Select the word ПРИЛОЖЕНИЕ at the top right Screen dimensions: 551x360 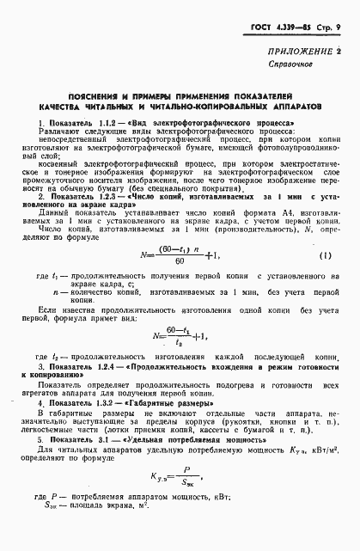point(303,75)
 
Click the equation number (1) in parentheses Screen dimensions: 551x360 point(326,256)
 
